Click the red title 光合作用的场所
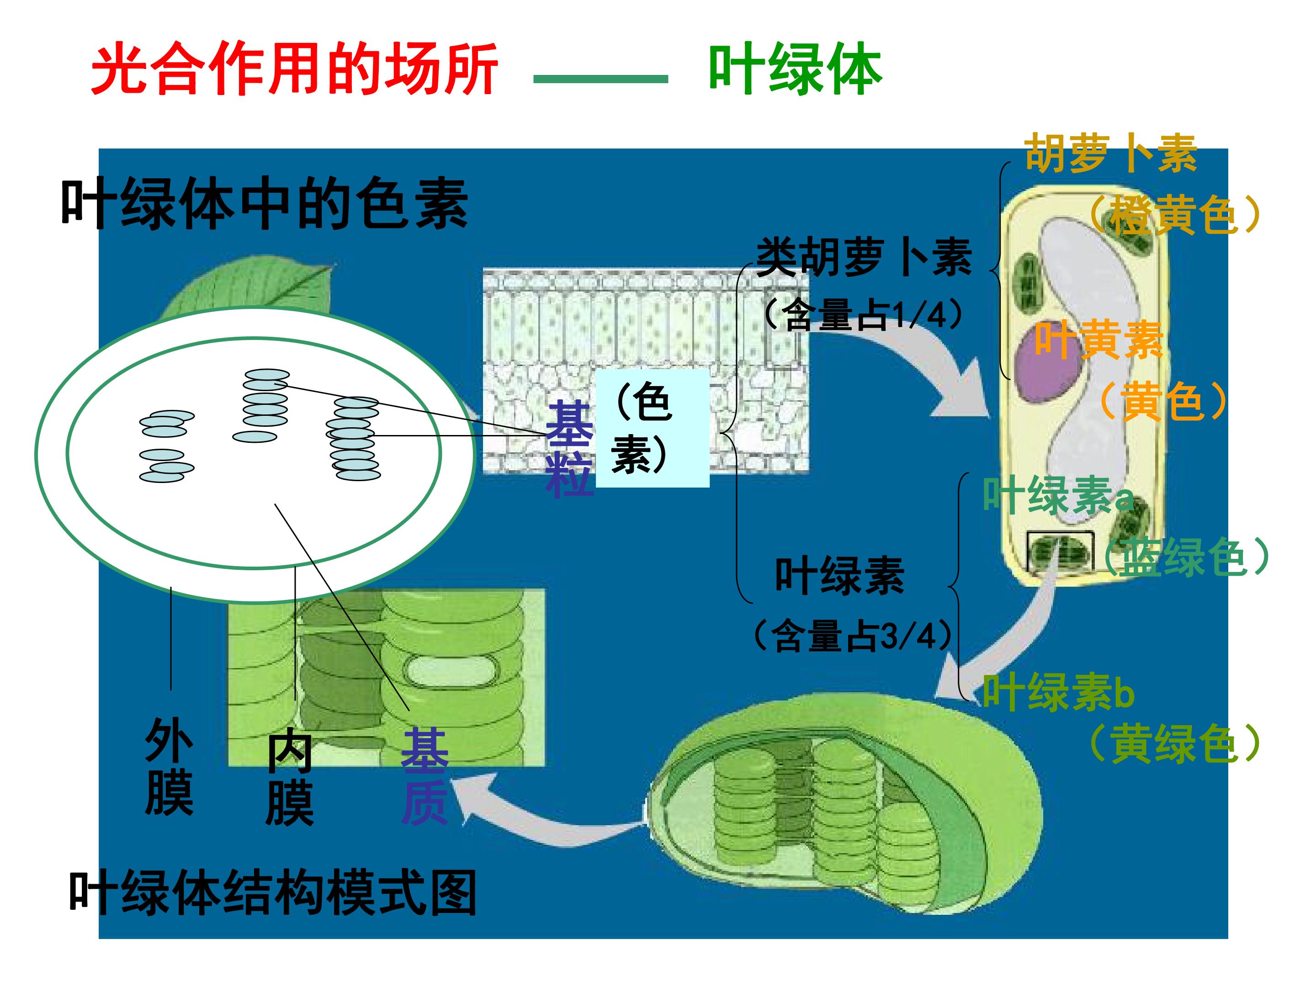[x=294, y=69]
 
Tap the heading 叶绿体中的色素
[x=265, y=204]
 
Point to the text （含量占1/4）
[x=863, y=313]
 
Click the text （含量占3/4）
[x=853, y=636]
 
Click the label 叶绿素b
[x=1058, y=692]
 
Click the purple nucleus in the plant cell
[x=1050, y=369]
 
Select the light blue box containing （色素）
[x=653, y=428]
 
